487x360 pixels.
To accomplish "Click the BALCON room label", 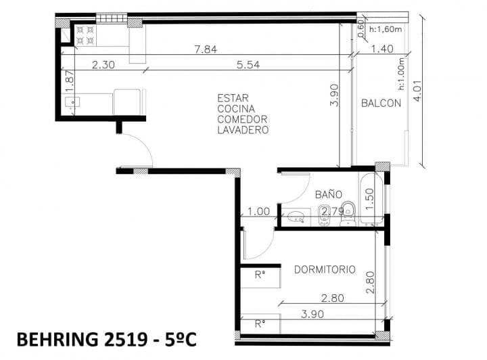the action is click(381, 103).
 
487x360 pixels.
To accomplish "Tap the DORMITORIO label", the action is click(325, 269).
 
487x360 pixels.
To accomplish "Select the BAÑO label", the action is click(329, 194).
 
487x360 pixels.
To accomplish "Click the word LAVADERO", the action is click(243, 130).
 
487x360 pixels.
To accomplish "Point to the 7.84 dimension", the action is click(206, 49).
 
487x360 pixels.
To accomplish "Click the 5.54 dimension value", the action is click(248, 64).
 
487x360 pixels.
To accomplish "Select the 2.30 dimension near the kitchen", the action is click(103, 64).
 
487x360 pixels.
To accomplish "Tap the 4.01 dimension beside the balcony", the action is click(417, 91).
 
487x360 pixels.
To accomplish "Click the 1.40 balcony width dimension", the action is click(382, 49).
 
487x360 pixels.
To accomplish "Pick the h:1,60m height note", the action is click(386, 29).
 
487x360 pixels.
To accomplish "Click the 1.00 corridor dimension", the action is click(258, 212).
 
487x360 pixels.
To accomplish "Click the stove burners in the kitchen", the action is click(86, 35).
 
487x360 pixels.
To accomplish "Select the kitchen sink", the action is click(72, 102).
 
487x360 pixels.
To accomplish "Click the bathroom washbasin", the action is click(296, 217).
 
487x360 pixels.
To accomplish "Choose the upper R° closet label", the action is click(260, 275).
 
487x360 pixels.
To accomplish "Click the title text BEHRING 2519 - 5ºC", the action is click(107, 339).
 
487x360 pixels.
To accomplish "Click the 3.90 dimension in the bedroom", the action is click(312, 314).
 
